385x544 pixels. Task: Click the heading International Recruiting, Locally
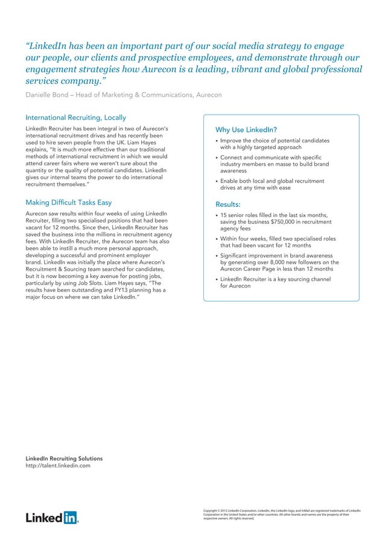(75, 117)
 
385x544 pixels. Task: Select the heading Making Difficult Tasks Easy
(68, 202)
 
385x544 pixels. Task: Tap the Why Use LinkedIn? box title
(246, 130)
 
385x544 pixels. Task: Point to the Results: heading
(228, 204)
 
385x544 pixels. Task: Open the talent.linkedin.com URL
(58, 466)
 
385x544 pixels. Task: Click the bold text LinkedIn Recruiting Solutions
(64, 458)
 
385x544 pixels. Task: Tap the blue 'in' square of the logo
(71, 517)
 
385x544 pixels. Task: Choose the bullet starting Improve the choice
(275, 144)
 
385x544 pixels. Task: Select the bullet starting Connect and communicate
(275, 164)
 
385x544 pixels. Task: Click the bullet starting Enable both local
(272, 185)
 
